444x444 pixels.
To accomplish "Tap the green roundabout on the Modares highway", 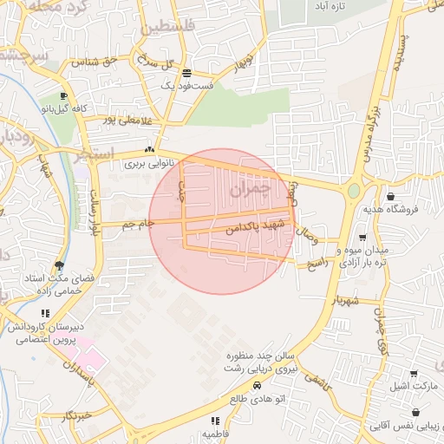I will coord(354,190).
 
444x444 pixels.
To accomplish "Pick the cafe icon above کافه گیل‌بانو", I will coord(63,96).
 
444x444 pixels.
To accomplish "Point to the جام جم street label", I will coord(139,225).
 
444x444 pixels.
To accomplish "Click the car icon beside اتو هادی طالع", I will coord(257,384).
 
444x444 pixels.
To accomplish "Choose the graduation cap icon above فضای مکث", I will coord(59,265).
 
